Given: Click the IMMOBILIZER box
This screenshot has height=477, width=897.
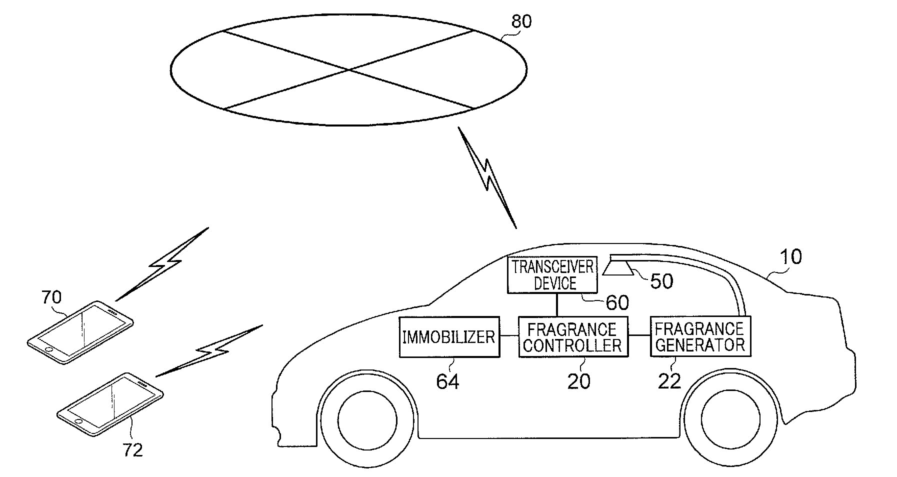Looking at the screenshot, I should [x=449, y=336].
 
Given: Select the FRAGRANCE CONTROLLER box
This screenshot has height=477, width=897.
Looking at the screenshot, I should [x=573, y=336].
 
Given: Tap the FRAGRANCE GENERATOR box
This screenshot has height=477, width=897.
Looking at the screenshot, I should [x=700, y=336].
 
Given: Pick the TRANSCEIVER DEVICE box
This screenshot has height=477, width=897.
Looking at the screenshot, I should [x=552, y=275].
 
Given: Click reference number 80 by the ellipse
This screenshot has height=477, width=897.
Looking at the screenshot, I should [x=521, y=21].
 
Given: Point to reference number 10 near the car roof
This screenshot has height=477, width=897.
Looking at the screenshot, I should [x=791, y=257].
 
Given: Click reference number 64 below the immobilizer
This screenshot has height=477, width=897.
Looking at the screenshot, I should [x=447, y=381].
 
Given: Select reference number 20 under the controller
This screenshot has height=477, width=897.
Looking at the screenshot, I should [x=578, y=381].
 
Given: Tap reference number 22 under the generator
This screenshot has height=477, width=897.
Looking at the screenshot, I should [x=669, y=381].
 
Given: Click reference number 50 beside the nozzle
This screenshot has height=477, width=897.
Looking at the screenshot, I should [x=661, y=281].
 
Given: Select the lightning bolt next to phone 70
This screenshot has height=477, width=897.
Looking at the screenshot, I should [x=162, y=264].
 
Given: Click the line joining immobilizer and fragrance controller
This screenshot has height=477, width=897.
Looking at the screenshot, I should [x=509, y=336].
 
